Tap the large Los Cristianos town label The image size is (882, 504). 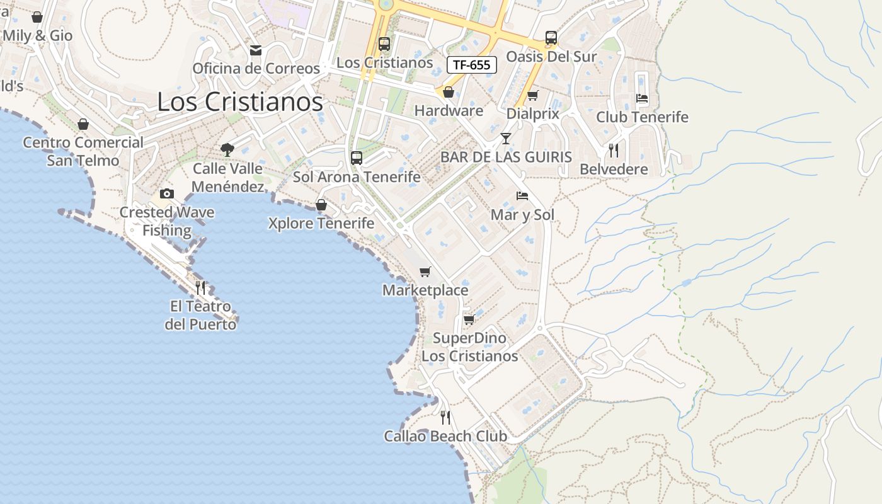(240, 101)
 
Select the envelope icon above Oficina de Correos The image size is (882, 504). (256, 50)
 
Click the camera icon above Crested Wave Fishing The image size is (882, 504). (167, 193)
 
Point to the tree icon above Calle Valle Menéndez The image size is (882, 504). (227, 150)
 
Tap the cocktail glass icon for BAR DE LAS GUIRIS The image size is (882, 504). (505, 139)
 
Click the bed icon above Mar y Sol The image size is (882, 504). (522, 196)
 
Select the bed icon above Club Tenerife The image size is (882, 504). (642, 98)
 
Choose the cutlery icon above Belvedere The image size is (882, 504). (613, 151)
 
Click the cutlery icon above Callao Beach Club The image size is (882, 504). (445, 417)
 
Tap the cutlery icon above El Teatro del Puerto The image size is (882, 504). (200, 288)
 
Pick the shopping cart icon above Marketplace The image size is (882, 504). (425, 272)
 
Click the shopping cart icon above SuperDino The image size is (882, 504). (469, 319)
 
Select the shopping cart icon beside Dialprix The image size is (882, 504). (533, 95)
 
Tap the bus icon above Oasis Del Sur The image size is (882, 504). (551, 38)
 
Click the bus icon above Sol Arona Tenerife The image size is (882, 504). (357, 158)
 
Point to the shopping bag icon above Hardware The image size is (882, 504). (449, 93)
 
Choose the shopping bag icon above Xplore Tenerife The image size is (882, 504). (321, 205)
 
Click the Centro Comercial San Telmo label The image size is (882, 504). (83, 151)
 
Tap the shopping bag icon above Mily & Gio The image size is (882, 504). (37, 17)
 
